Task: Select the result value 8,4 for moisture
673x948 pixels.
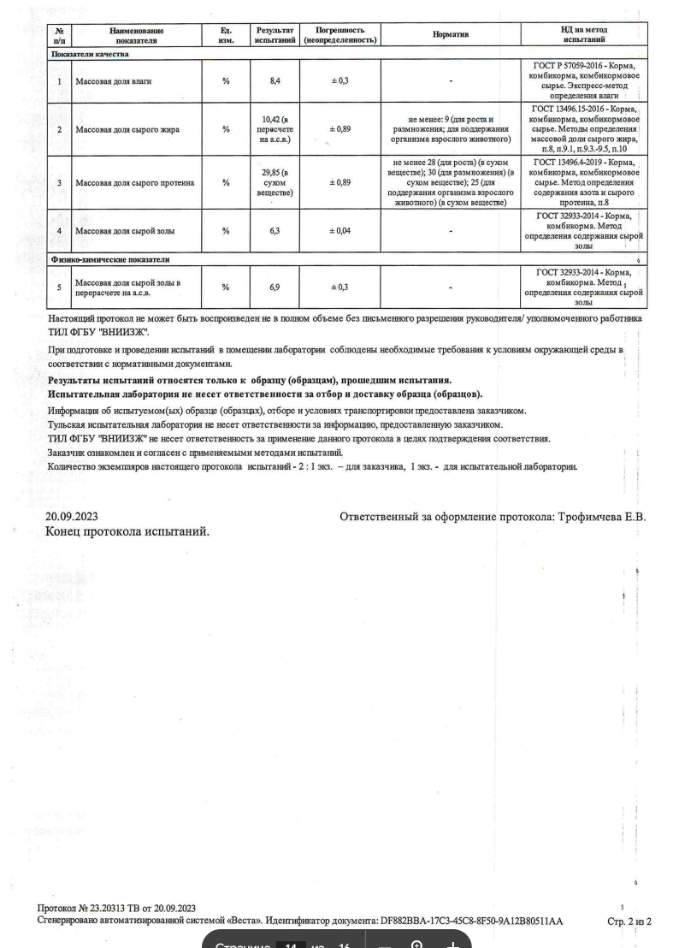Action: [274, 80]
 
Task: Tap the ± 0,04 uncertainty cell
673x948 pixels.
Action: [340, 230]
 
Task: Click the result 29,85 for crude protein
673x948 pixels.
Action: [274, 182]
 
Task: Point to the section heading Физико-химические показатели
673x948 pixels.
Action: [111, 258]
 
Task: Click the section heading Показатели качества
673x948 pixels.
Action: [90, 54]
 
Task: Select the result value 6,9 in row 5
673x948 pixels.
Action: [274, 287]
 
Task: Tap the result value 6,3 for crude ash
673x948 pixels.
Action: [274, 230]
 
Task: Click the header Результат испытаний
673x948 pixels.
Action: [274, 35]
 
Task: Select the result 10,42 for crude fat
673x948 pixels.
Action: [274, 130]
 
